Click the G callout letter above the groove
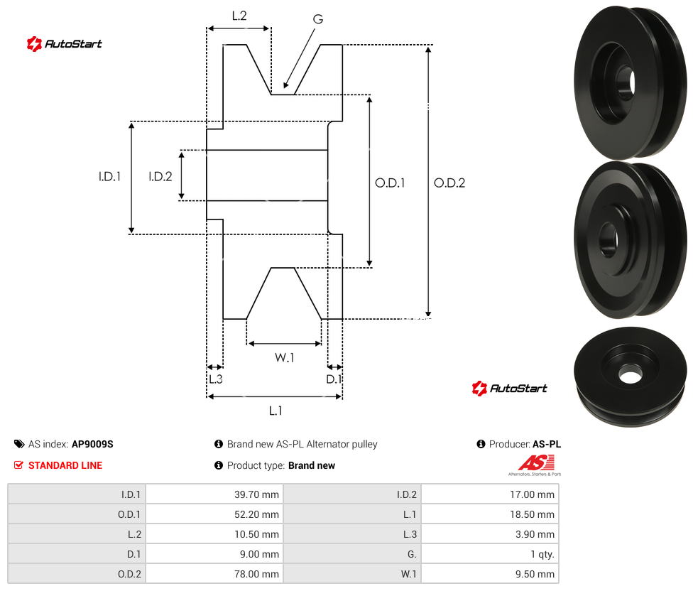[x=318, y=19]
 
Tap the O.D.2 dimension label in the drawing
[x=449, y=183]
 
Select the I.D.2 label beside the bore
[x=160, y=176]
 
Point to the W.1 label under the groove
[x=284, y=357]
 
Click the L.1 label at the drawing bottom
[x=275, y=411]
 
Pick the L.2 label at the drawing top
[x=239, y=16]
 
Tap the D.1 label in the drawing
[x=334, y=379]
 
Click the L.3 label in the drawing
[x=216, y=379]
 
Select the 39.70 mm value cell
[x=256, y=494]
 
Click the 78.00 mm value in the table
[x=256, y=574]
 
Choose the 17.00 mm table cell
[x=532, y=494]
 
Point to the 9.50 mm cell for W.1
[x=535, y=574]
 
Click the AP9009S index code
[x=92, y=444]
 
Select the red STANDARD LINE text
[x=65, y=465]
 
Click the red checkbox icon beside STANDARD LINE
[x=18, y=465]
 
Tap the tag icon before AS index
[x=19, y=444]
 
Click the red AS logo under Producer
[x=536, y=463]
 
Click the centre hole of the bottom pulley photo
[x=630, y=376]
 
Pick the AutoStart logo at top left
[x=65, y=44]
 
